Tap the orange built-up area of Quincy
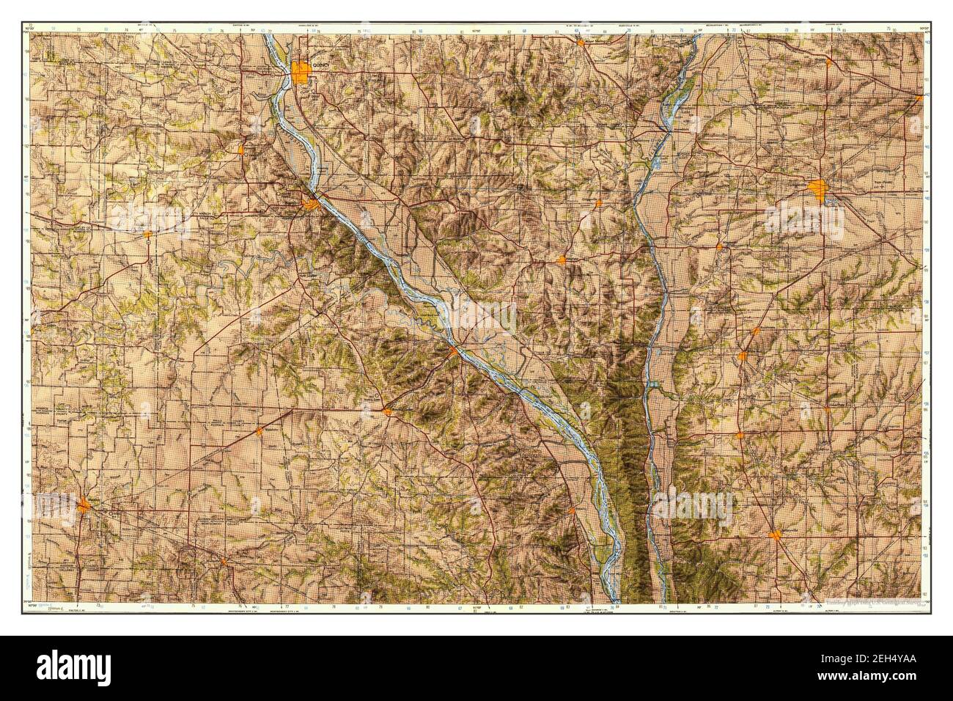301,72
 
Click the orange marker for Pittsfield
562,260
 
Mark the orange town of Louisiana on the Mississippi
453,352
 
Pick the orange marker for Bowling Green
386,411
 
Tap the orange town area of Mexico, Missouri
86,505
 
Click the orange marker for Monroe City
147,235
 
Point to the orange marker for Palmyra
241,150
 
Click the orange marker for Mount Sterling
580,43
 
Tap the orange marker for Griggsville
599,202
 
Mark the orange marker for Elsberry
571,510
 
